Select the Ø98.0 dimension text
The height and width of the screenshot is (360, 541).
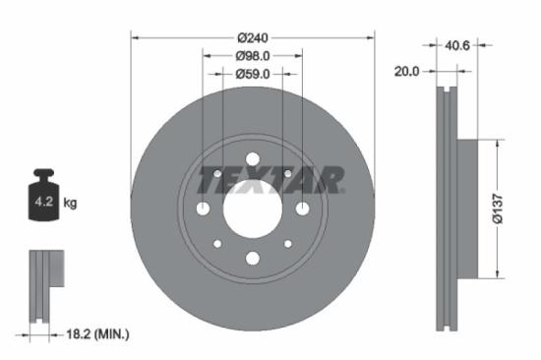(x=253, y=56)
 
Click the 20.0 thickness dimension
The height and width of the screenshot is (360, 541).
(x=406, y=71)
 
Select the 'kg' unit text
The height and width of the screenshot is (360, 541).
(x=70, y=204)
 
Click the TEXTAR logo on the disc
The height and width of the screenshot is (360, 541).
(x=271, y=181)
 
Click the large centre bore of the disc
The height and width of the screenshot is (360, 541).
(x=252, y=208)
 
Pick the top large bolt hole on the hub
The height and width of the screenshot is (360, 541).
(x=252, y=158)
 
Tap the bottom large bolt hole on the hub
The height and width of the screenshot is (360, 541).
(x=252, y=258)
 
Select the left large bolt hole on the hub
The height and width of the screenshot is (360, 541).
(x=203, y=208)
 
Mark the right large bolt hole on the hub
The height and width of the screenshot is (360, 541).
(x=302, y=208)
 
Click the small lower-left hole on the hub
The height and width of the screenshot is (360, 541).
(x=217, y=243)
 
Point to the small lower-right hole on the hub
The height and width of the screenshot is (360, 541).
(x=287, y=243)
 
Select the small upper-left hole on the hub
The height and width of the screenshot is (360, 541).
(x=217, y=173)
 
